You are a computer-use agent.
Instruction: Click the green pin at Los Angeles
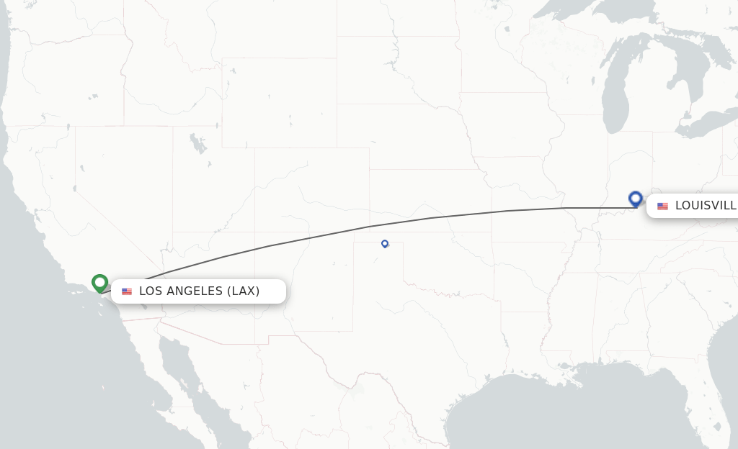[x=99, y=283]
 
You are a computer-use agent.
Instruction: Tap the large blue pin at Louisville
[x=635, y=199]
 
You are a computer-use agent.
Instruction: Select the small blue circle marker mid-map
[x=385, y=243]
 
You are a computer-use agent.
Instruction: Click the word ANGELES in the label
[x=189, y=291]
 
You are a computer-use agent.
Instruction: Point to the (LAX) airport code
[x=244, y=291]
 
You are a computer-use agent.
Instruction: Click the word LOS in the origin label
[x=151, y=291]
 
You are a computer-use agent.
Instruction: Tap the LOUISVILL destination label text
[x=705, y=206]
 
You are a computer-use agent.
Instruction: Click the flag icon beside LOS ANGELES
[x=127, y=291]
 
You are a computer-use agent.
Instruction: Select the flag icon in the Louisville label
[x=662, y=207]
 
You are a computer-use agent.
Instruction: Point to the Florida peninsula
[x=717, y=403]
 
